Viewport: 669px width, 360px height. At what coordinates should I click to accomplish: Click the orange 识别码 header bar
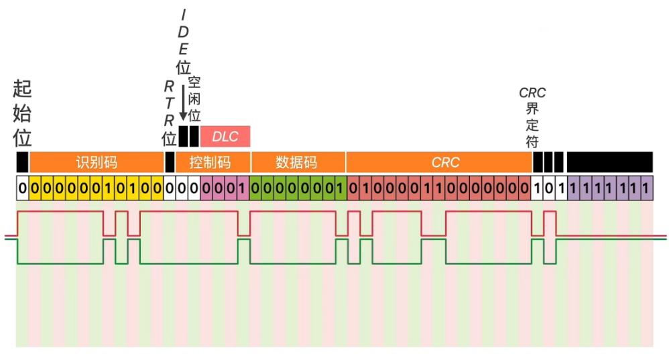[x=97, y=162]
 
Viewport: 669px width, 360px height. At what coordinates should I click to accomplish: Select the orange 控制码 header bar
[x=213, y=162]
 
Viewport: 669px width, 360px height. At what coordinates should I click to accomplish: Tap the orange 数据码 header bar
[x=298, y=162]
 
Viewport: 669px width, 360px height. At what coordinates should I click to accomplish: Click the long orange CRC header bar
[x=439, y=162]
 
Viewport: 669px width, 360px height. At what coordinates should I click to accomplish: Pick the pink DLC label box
[x=225, y=136]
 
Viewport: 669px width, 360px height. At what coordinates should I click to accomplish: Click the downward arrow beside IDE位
[x=183, y=101]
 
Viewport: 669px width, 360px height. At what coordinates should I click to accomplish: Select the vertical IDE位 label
[x=183, y=40]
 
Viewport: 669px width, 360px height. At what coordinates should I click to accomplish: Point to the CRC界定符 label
[x=532, y=118]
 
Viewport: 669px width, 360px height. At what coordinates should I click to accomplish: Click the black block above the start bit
[x=22, y=162]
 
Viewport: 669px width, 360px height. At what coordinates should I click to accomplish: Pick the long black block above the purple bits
[x=609, y=162]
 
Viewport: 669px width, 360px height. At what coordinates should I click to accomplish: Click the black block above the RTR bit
[x=170, y=162]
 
